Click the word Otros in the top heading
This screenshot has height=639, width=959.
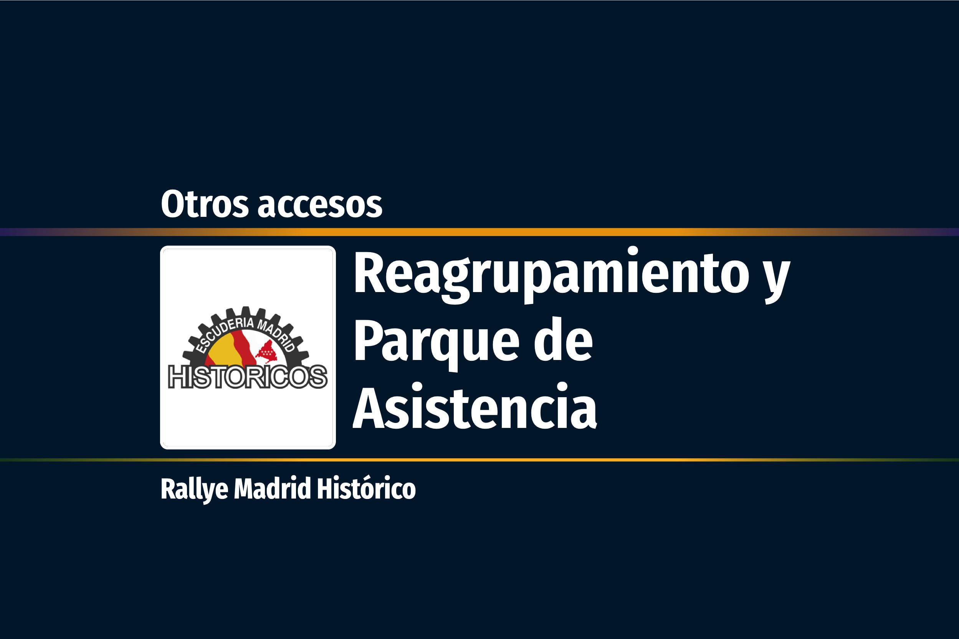[x=205, y=204]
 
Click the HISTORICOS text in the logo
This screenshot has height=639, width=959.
[x=248, y=377]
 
